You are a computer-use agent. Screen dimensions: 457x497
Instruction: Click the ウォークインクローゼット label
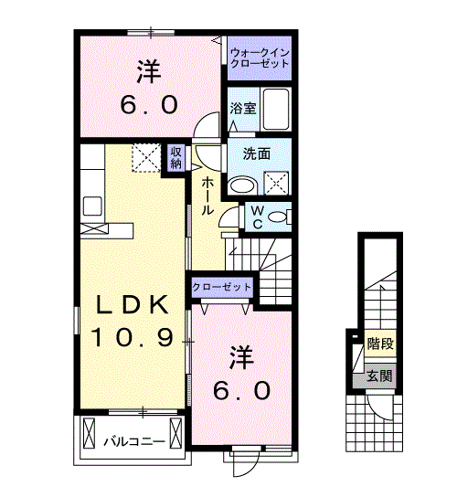point(260,58)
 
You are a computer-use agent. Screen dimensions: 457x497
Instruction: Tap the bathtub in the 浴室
point(276,109)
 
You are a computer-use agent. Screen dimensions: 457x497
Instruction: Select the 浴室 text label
point(243,109)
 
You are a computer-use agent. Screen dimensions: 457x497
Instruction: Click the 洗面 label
point(257,154)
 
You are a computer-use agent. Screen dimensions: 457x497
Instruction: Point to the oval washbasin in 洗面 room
point(243,185)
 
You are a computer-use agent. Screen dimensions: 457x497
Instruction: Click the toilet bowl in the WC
point(277,217)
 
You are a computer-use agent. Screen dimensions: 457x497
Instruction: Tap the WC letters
point(258,217)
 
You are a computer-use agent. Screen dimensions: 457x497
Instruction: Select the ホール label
point(207,196)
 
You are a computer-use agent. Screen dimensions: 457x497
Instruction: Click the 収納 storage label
point(176,158)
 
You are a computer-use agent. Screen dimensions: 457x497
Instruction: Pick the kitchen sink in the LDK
point(92,206)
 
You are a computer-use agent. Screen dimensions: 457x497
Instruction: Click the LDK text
point(133,304)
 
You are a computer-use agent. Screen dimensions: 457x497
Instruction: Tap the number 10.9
point(133,336)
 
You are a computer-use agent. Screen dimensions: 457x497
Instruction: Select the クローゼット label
point(222,287)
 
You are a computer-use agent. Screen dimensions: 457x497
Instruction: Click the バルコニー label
point(134,441)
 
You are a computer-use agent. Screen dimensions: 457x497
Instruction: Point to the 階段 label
point(380,344)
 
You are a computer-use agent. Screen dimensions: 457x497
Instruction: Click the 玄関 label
point(379,376)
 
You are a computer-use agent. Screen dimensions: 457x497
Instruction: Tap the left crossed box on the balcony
point(89,433)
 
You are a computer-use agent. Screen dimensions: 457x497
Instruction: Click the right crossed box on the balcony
point(175,433)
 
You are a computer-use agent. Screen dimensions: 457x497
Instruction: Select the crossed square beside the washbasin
point(277,184)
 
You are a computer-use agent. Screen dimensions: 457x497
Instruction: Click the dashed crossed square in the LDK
point(146,157)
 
